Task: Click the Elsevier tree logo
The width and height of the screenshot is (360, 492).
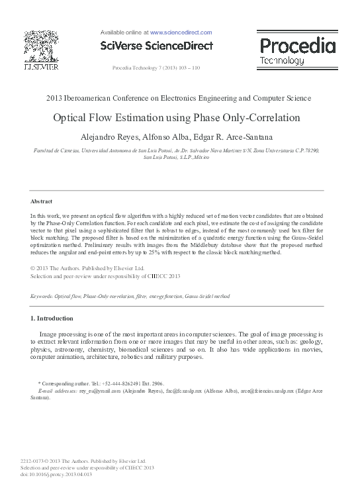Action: click(41, 47)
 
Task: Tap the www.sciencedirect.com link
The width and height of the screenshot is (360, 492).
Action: click(181, 32)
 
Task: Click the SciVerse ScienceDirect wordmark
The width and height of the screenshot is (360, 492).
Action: click(156, 46)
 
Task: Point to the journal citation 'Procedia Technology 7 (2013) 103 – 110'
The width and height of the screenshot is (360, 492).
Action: click(156, 68)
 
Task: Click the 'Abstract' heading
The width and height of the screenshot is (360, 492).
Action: click(41, 201)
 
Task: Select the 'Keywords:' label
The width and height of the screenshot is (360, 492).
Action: click(42, 296)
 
